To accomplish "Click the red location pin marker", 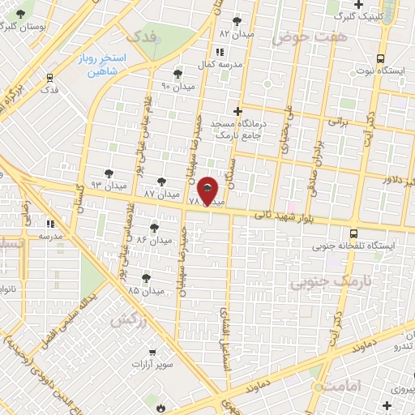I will pyautogui.click(x=208, y=191).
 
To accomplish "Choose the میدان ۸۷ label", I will pyautogui.click(x=160, y=195).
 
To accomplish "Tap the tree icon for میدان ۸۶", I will pyautogui.click(x=154, y=228).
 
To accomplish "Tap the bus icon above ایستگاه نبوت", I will pyautogui.click(x=380, y=58).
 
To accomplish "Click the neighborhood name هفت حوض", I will pyautogui.click(x=298, y=37).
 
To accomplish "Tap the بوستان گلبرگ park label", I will pyautogui.click(x=28, y=26).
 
